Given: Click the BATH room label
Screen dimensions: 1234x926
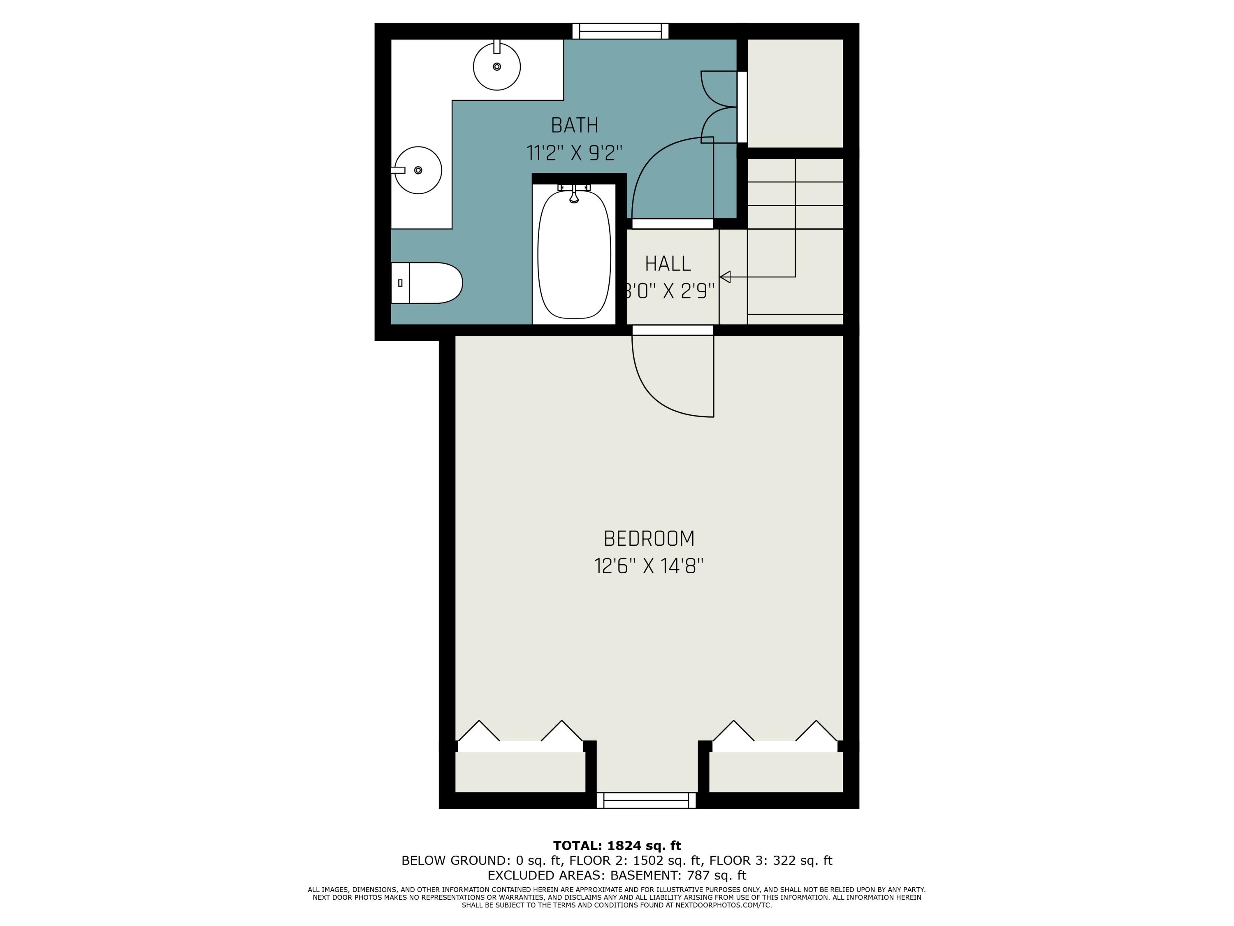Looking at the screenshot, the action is [x=575, y=126].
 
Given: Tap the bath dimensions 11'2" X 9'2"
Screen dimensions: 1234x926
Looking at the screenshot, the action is [x=575, y=153].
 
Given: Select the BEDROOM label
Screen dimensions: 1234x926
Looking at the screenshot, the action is [x=649, y=539].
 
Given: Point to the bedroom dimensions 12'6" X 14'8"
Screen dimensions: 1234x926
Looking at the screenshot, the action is [x=649, y=567].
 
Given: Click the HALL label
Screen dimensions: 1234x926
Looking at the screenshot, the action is [x=668, y=263].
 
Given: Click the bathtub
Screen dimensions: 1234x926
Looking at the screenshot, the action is [x=574, y=254].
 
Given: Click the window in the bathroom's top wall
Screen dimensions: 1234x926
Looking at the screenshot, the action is [x=620, y=31].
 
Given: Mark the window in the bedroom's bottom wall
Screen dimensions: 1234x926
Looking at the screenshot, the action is [x=647, y=800].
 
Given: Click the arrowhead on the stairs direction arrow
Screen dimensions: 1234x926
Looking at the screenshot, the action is [x=725, y=277].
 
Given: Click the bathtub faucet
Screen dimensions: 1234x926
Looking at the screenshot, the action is [x=574, y=194].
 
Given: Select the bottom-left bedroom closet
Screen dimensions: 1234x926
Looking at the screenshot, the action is [x=520, y=772].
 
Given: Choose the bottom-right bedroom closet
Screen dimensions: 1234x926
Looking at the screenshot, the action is [x=775, y=772].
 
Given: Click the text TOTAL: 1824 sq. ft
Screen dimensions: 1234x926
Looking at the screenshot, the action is [x=617, y=846].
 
